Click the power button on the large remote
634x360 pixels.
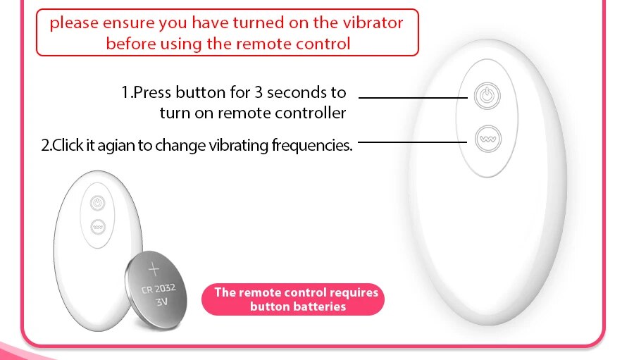click(487, 96)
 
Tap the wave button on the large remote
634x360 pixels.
click(488, 139)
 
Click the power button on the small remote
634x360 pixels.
click(97, 203)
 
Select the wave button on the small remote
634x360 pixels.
click(98, 227)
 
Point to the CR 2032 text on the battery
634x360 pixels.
click(158, 288)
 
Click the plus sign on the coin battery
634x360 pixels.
click(154, 269)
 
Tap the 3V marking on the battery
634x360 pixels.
click(162, 302)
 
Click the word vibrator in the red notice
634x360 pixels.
click(373, 23)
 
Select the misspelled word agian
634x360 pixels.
click(116, 146)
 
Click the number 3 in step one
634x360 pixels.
click(259, 92)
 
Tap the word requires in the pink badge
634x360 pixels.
click(354, 293)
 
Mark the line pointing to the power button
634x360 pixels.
click(413, 97)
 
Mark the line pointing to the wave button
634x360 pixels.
click(412, 142)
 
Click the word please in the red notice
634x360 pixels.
click(74, 23)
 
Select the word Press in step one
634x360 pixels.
click(152, 92)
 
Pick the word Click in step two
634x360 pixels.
click(68, 145)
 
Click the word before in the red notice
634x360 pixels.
click(132, 44)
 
